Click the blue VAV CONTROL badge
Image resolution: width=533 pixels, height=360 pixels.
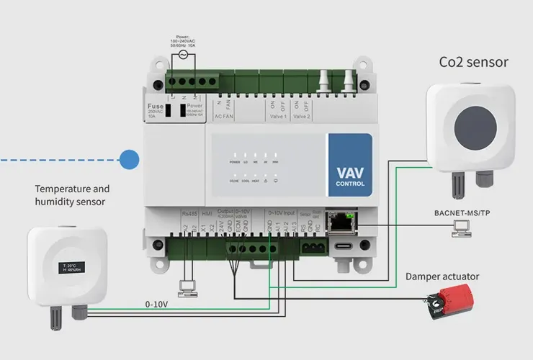pyautogui.click(x=350, y=165)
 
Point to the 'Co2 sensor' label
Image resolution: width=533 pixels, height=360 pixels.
pyautogui.click(x=473, y=62)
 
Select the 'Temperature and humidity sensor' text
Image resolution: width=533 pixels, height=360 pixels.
pyautogui.click(x=72, y=195)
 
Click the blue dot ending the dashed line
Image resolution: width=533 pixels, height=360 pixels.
pyautogui.click(x=130, y=158)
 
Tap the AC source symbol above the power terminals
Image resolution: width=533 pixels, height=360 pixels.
pyautogui.click(x=183, y=55)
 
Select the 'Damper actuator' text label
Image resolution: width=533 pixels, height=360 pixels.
pyautogui.click(x=442, y=276)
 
